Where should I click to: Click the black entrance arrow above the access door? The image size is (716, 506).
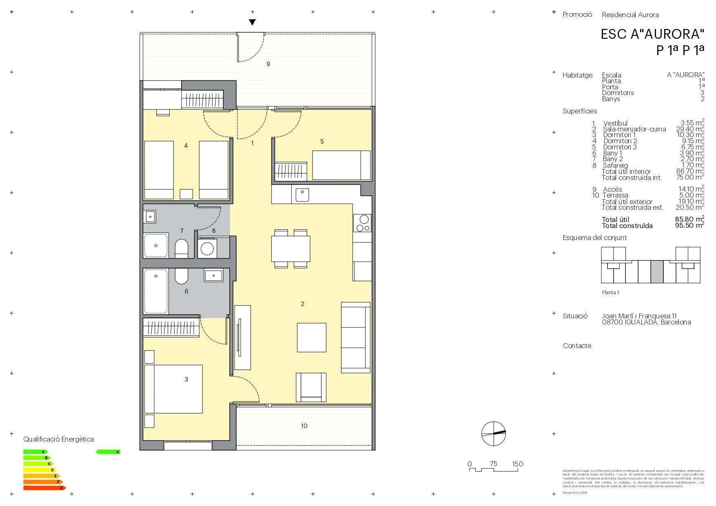252,22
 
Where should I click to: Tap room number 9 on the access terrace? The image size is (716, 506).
268,64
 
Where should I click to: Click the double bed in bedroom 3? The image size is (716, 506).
174,389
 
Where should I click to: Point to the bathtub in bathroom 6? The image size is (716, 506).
156,291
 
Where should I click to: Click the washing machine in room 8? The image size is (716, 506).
207,249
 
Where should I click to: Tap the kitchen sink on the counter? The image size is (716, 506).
302,195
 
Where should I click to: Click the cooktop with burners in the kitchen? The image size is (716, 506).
362,223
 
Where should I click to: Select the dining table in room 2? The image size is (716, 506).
290,249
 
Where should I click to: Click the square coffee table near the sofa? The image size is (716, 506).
311,337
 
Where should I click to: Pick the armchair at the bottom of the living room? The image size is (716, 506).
311,387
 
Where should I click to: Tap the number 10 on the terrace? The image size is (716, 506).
304,426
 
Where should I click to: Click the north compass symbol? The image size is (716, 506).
493,434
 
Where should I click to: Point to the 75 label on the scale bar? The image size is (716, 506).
493,464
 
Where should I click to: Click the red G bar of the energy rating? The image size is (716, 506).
44,488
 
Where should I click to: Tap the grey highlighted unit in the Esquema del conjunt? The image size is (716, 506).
657,271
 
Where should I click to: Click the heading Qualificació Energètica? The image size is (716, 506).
58,439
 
